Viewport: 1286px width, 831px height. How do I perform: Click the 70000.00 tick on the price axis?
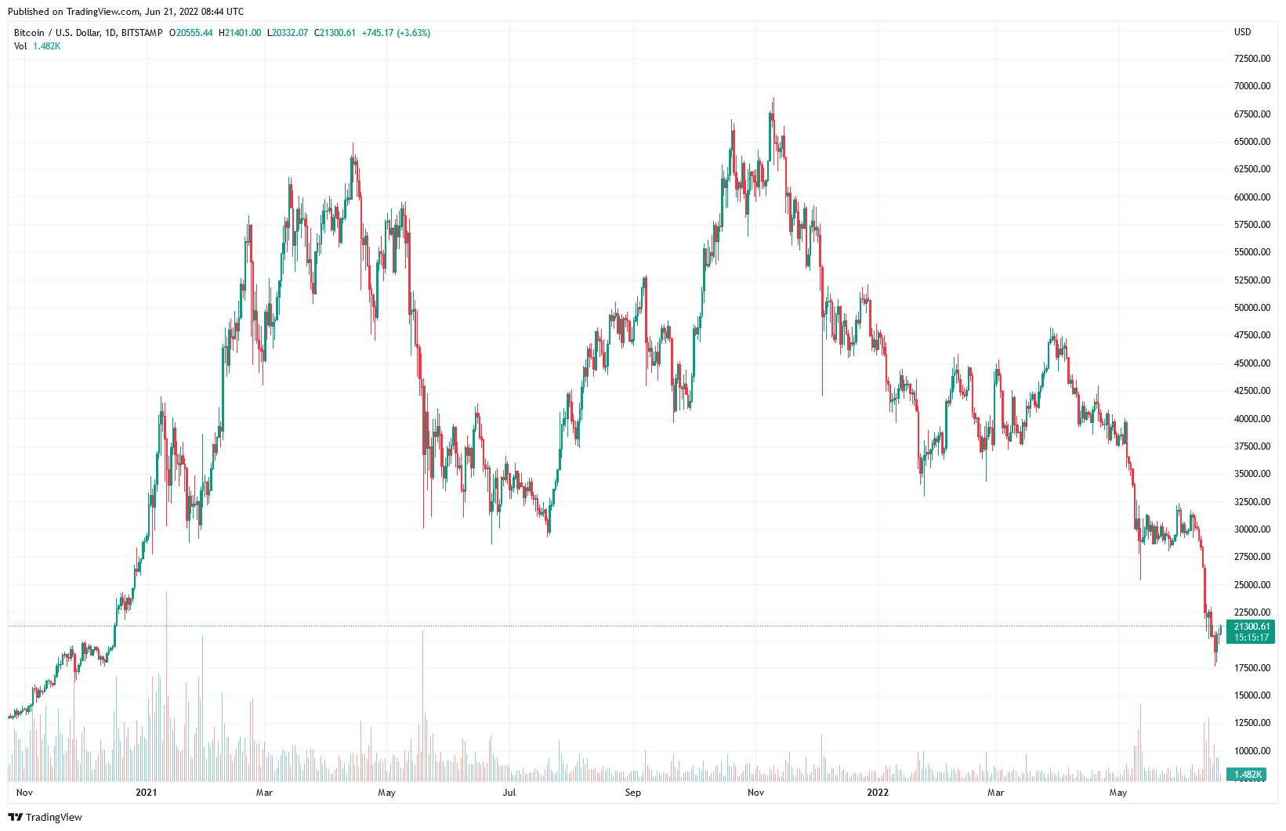(x=1252, y=86)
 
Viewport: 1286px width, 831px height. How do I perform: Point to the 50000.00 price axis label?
(x=1252, y=308)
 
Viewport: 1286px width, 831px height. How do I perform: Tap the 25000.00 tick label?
(x=1252, y=585)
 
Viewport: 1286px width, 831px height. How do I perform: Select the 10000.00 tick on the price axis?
(x=1252, y=751)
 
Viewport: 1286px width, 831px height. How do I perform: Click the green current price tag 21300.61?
(x=1252, y=627)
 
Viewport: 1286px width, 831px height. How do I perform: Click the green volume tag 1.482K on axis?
(x=1248, y=775)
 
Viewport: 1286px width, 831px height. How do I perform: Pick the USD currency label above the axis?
(x=1243, y=32)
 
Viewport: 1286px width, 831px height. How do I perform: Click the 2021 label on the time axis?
(x=146, y=793)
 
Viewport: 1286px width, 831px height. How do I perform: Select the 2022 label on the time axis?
(x=878, y=793)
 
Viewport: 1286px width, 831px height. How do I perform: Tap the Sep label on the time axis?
(x=633, y=793)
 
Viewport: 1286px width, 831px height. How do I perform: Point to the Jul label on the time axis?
(x=509, y=793)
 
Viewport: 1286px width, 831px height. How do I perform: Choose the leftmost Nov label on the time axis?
(x=24, y=793)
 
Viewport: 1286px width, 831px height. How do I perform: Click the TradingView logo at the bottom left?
(x=45, y=818)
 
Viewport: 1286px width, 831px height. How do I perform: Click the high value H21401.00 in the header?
(x=240, y=33)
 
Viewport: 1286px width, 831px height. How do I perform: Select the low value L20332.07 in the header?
(x=288, y=33)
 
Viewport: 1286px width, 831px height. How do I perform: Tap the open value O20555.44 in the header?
(x=191, y=33)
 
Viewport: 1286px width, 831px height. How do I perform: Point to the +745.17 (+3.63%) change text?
(x=396, y=33)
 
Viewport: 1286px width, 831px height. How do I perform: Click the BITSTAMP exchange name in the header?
(x=142, y=33)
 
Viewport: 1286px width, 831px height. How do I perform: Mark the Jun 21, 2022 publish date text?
(x=177, y=12)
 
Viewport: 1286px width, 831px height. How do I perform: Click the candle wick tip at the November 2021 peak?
(x=773, y=99)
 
